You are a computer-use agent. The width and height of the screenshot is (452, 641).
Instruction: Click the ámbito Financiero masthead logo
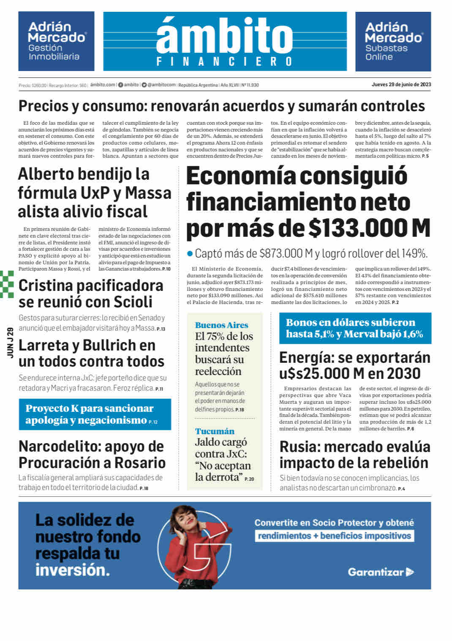click(225, 41)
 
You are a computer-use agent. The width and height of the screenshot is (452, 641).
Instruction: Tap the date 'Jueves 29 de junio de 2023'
click(401, 85)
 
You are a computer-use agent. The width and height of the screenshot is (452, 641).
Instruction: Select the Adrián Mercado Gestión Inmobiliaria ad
click(56, 41)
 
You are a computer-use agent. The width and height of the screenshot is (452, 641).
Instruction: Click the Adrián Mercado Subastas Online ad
click(393, 41)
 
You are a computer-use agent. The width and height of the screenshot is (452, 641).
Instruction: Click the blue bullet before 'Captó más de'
click(190, 254)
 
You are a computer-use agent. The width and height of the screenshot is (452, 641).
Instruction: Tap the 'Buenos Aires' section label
click(221, 325)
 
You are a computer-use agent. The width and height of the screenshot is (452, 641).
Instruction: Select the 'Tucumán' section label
click(215, 431)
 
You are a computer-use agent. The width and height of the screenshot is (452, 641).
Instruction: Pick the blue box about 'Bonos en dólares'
click(355, 328)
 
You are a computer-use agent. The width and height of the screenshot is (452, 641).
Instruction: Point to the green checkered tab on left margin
click(7, 284)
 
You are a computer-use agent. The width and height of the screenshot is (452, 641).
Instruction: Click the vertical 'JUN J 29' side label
click(11, 342)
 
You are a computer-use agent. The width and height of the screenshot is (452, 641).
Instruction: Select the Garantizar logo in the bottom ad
click(381, 572)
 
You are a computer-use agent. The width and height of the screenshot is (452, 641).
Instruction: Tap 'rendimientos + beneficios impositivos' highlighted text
click(334, 536)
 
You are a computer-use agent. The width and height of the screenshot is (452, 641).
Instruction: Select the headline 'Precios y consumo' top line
click(221, 106)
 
